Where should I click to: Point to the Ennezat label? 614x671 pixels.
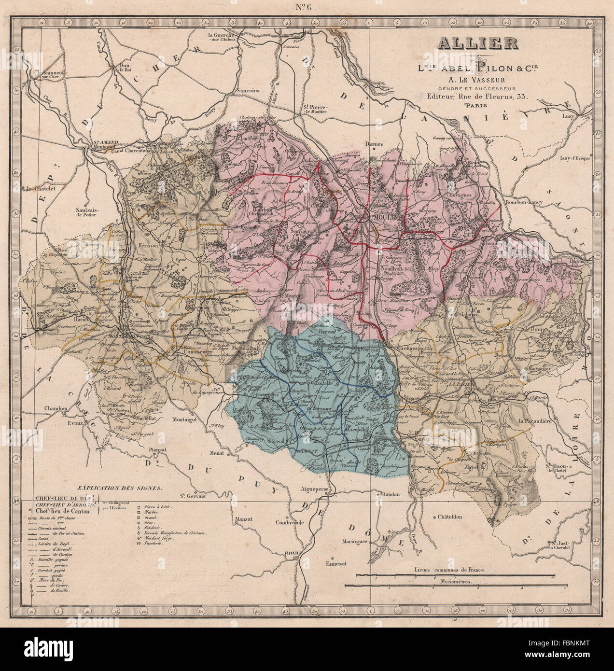coord(336,563)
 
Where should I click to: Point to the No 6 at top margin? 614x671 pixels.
coord(307,7)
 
